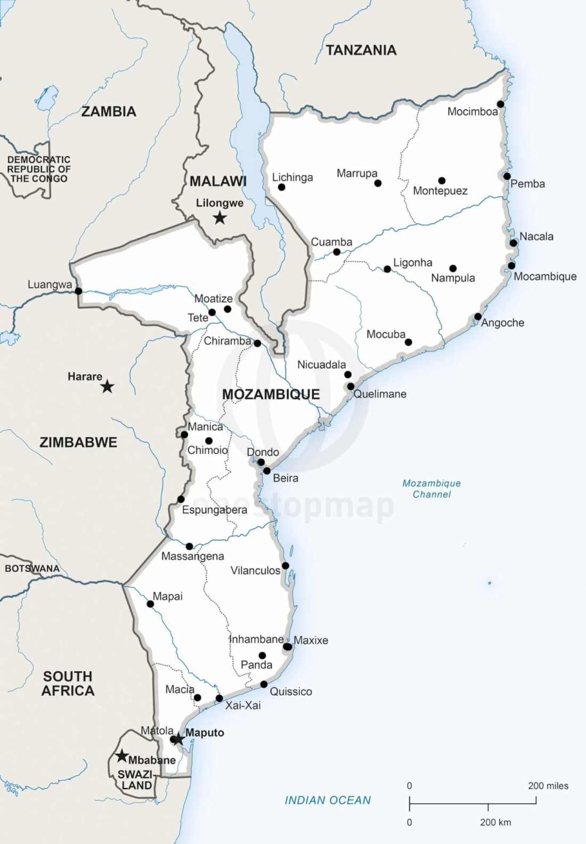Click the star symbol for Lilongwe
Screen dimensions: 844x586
tap(219, 218)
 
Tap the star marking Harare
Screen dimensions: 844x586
tap(108, 387)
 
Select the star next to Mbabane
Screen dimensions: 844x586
tap(122, 756)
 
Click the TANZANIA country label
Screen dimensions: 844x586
tap(361, 51)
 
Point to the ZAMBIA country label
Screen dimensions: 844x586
tap(109, 111)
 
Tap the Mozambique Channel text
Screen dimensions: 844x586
tap(432, 488)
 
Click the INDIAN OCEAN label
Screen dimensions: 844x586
tap(328, 800)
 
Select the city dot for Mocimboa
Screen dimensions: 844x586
tap(501, 104)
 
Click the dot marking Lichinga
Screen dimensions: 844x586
tap(281, 187)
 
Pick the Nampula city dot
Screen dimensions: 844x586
tap(453, 268)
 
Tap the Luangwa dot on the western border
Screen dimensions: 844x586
tap(78, 291)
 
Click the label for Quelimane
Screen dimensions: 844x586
tap(380, 394)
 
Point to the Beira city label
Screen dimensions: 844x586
tap(286, 478)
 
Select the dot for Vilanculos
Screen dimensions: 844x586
tap(286, 566)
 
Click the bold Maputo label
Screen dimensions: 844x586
tap(205, 733)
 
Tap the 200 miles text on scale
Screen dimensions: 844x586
tap(548, 785)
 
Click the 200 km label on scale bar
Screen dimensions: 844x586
tap(495, 822)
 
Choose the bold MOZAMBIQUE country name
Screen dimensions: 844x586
tap(271, 394)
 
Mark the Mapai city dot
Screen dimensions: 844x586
tap(150, 604)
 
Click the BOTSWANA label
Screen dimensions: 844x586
tap(32, 568)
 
